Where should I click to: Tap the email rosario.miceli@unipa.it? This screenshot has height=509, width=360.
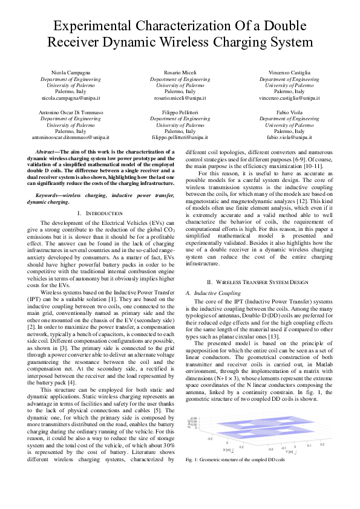(x=180, y=97)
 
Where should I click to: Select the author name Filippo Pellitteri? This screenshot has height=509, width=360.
(x=180, y=112)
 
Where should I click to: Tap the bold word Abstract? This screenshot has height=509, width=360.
(x=47, y=152)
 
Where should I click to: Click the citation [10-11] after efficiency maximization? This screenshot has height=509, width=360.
(x=312, y=166)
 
